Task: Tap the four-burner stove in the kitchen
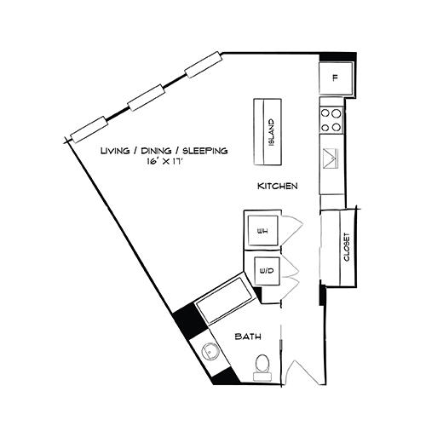(x=331, y=119)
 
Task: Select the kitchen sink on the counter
(x=331, y=158)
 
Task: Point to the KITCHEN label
(x=277, y=186)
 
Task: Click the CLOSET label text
(x=347, y=248)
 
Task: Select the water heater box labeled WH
(x=263, y=229)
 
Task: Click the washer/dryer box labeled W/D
(x=266, y=271)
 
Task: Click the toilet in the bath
(x=263, y=365)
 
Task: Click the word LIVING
(x=115, y=152)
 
